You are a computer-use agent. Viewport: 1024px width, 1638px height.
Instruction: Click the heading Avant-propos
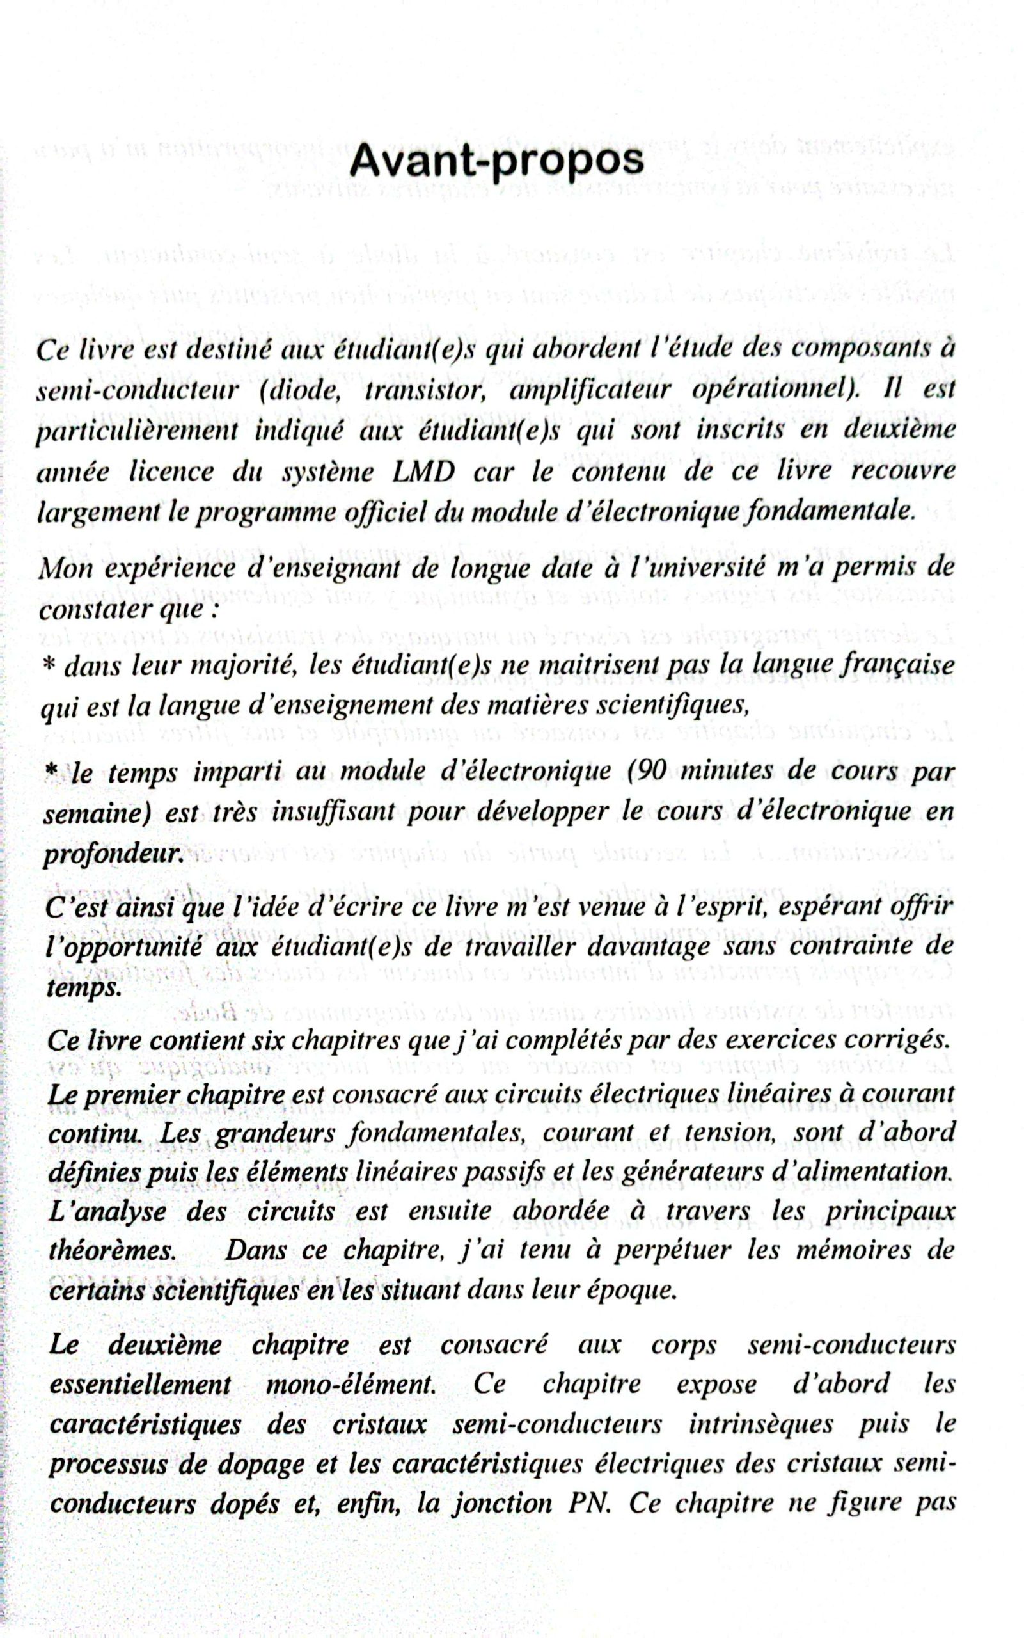tap(496, 161)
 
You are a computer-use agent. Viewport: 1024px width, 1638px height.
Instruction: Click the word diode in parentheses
tap(302, 390)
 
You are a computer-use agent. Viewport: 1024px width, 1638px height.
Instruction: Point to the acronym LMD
tap(423, 472)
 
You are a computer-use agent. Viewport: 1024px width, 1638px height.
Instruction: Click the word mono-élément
tap(350, 1384)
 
